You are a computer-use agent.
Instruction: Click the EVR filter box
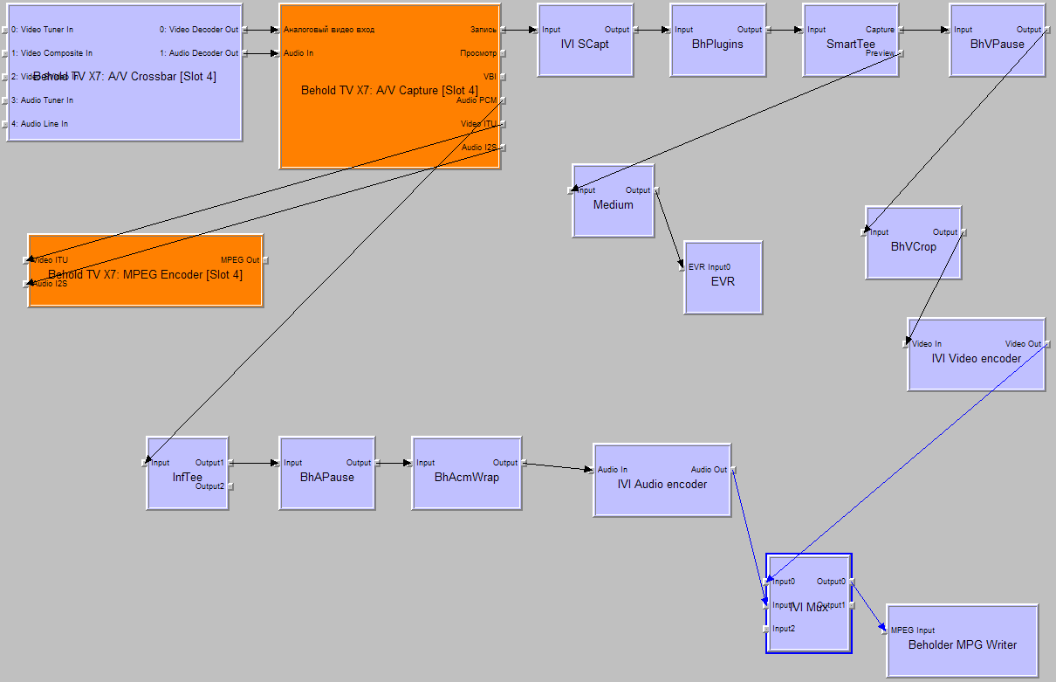tap(723, 282)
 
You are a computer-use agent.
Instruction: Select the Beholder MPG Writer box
tap(962, 645)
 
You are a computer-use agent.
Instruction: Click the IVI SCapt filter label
tap(584, 44)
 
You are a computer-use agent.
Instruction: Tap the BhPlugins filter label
tap(717, 44)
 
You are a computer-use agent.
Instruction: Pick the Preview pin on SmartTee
tap(880, 53)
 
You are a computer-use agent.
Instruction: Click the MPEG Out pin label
tap(239, 260)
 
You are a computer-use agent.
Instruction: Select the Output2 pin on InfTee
tap(209, 486)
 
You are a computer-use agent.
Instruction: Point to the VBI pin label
tap(489, 77)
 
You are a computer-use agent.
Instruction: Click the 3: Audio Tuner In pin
tap(42, 100)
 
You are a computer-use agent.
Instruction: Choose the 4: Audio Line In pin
tap(39, 124)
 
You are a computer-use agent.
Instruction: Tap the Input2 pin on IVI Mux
tap(783, 629)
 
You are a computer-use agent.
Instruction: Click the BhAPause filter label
tap(326, 478)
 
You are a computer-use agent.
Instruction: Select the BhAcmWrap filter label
tap(466, 478)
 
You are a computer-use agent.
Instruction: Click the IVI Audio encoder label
tap(662, 484)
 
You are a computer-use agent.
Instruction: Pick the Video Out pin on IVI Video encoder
tap(1023, 344)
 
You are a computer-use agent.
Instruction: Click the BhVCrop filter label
tap(913, 247)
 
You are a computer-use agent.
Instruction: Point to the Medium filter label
tap(613, 205)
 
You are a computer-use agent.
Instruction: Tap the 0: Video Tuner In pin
tap(42, 30)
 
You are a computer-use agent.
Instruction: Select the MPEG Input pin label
tap(912, 630)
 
